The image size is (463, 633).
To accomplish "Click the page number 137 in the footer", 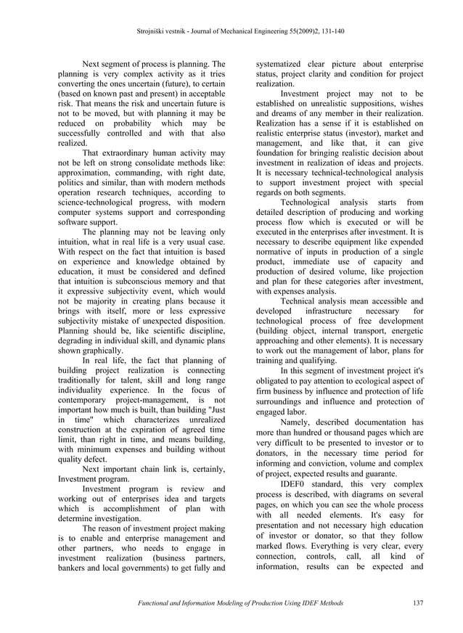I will pyautogui.click(x=417, y=603).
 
